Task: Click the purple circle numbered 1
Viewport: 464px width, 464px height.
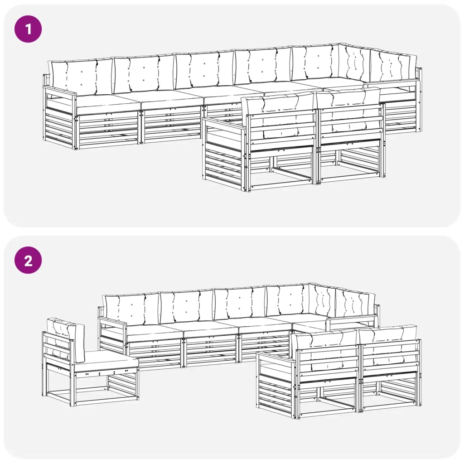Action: [x=28, y=29]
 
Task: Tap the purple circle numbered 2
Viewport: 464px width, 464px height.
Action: [x=28, y=260]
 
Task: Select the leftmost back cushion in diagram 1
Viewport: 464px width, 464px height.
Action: [x=81, y=76]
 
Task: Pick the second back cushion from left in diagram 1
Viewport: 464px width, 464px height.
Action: [x=144, y=74]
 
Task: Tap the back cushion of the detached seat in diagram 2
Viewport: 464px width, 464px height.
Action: [x=66, y=340]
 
